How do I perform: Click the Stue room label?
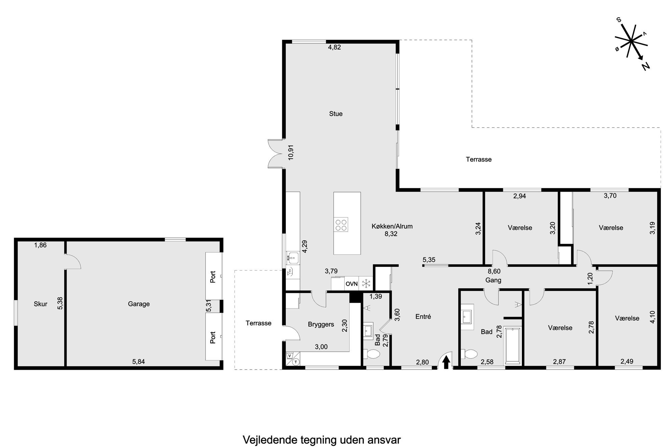click(x=335, y=114)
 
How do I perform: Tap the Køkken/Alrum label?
click(x=392, y=226)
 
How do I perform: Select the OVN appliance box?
click(x=351, y=284)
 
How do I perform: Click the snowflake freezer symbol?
click(x=366, y=284)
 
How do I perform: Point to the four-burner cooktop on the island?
click(x=341, y=224)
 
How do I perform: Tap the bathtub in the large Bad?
click(x=513, y=345)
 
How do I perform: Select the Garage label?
click(x=139, y=304)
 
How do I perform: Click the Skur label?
click(x=41, y=304)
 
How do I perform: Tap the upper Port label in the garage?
click(x=213, y=277)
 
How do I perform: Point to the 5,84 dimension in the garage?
click(x=138, y=362)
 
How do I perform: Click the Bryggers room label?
click(x=321, y=324)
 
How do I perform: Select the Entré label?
click(x=423, y=317)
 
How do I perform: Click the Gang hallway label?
click(x=493, y=280)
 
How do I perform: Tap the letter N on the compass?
click(x=646, y=66)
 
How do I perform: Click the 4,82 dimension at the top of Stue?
click(x=334, y=47)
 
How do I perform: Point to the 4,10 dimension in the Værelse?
click(x=652, y=317)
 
